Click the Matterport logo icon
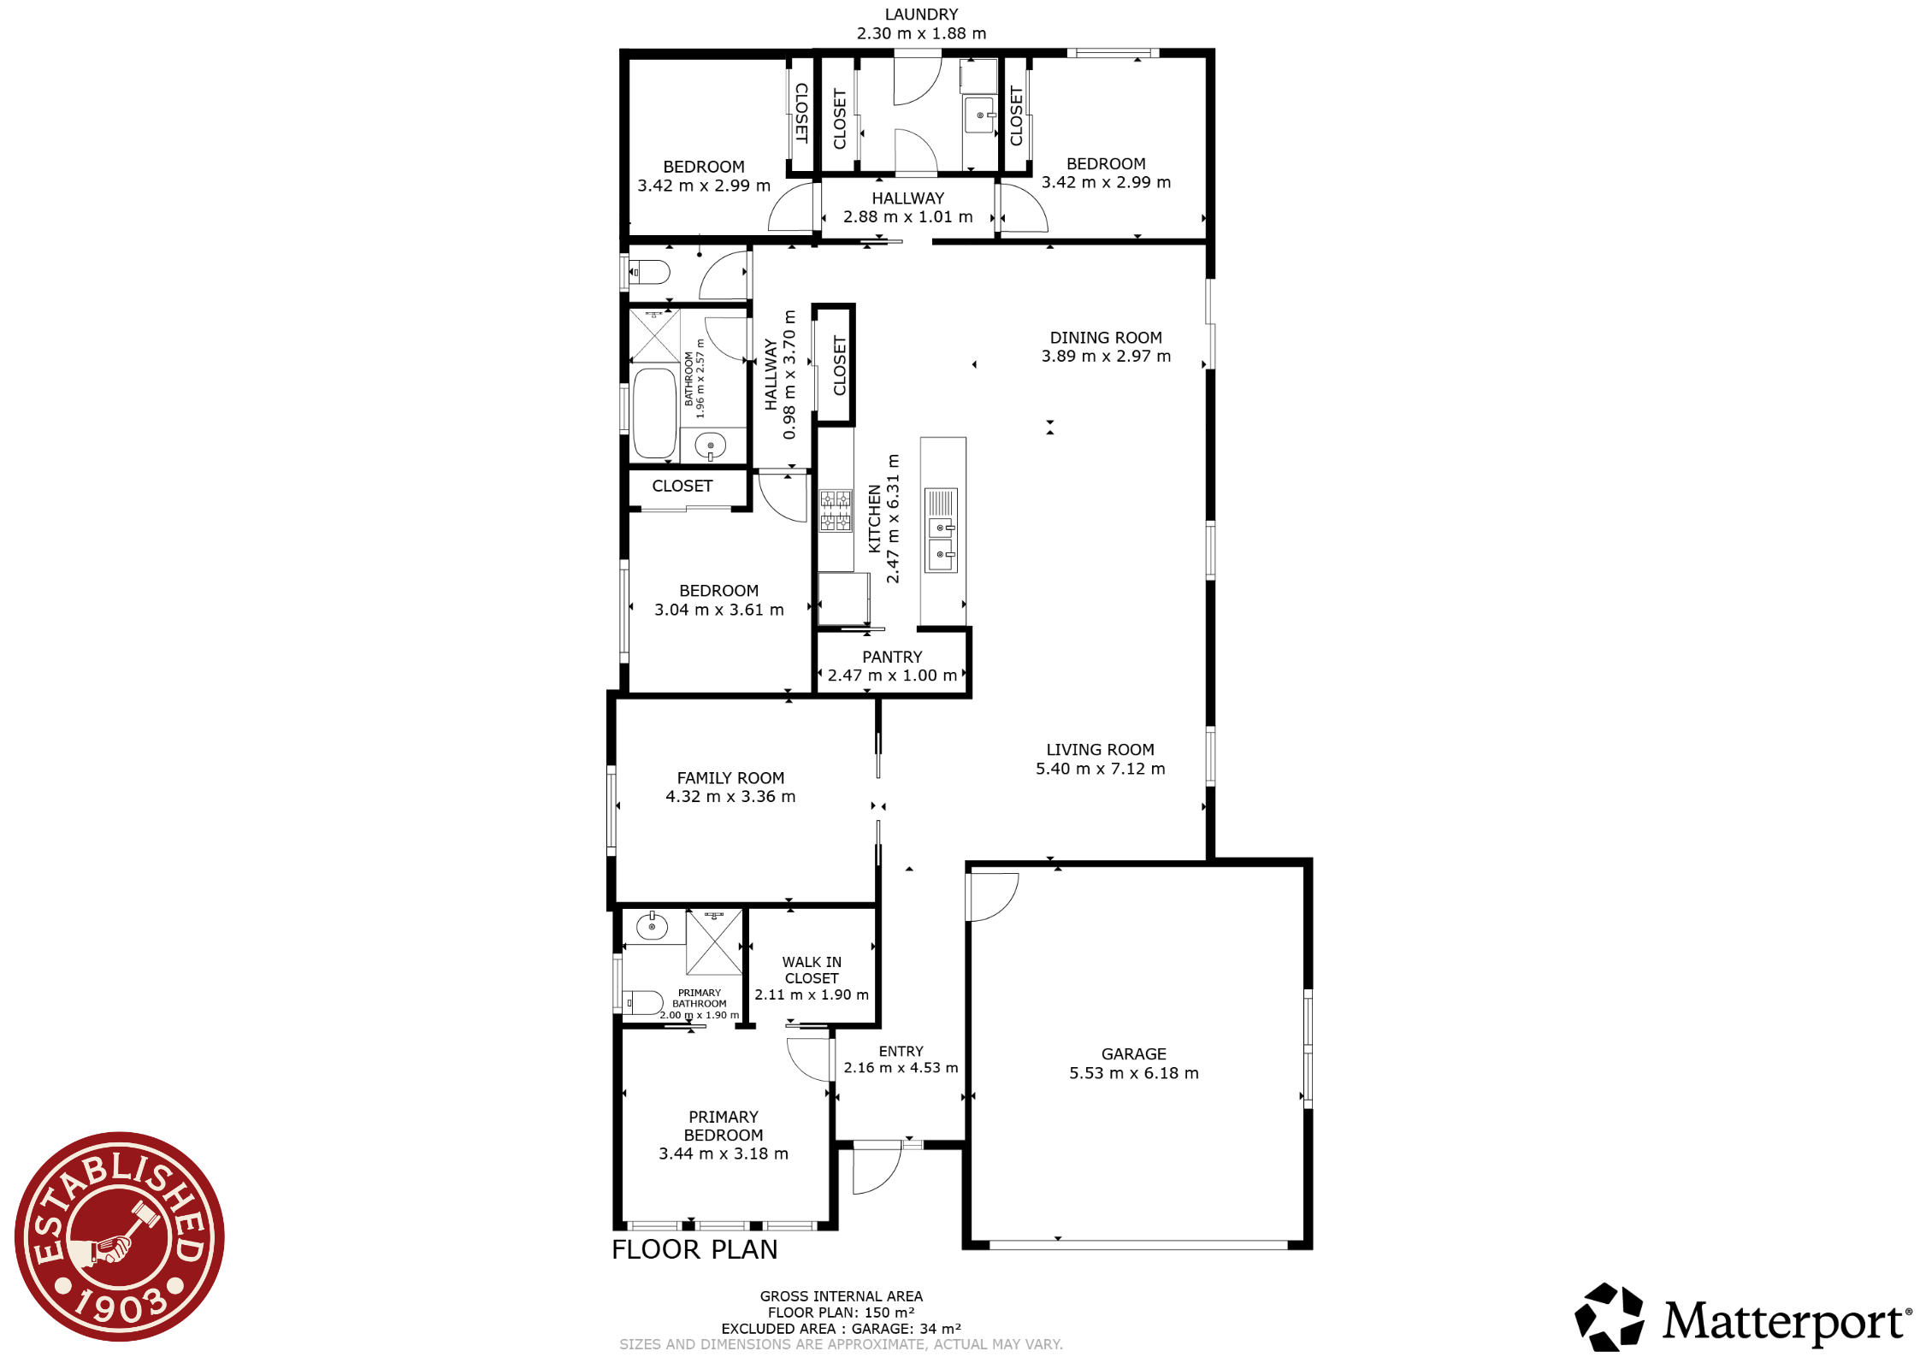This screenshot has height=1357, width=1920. (1609, 1317)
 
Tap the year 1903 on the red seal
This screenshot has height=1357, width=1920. (121, 1304)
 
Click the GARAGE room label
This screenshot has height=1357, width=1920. (1133, 1054)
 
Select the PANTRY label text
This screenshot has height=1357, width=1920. (892, 657)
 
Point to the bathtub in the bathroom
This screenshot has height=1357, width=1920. (655, 413)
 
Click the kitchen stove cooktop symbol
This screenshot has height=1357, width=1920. (836, 510)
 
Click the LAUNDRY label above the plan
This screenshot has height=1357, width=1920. (921, 15)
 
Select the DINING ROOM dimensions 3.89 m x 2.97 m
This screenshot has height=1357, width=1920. (1106, 357)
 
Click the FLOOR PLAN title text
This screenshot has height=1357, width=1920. (694, 1249)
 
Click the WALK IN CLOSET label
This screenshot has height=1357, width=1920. (812, 971)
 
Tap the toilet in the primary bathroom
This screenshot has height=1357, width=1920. (642, 1002)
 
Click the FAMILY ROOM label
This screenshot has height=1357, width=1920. (730, 778)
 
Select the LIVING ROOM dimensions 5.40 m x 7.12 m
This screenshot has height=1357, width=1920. (1100, 769)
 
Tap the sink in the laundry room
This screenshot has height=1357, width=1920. (979, 115)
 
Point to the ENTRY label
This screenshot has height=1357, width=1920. (901, 1052)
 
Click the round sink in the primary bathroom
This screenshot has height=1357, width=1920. (652, 926)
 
